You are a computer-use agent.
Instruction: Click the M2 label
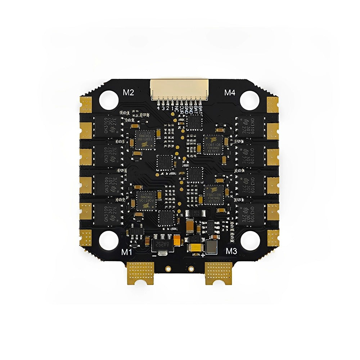click(129, 92)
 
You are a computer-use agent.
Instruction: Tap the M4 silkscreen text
click(230, 93)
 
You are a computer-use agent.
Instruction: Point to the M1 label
click(126, 252)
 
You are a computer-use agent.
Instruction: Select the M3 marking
click(231, 251)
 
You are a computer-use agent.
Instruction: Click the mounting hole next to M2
click(108, 97)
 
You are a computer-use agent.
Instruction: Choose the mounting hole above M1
click(107, 238)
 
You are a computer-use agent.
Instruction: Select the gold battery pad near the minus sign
click(142, 272)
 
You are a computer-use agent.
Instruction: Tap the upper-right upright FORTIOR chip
click(213, 144)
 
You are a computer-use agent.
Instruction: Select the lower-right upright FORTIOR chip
click(213, 195)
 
